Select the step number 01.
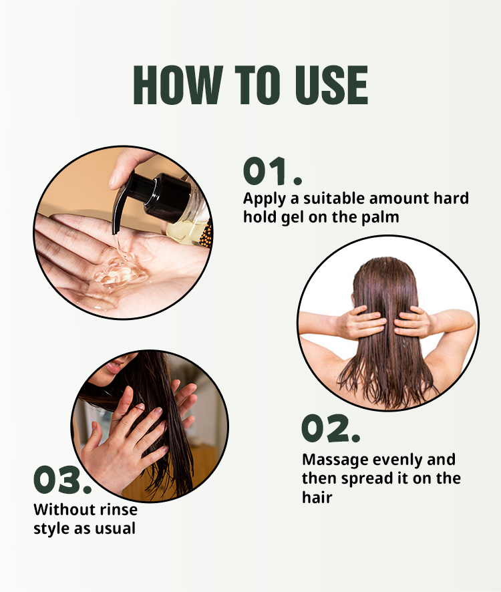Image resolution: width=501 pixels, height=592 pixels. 273,171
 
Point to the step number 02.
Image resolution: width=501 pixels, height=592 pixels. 331,428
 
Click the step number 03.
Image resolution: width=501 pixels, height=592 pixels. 63,480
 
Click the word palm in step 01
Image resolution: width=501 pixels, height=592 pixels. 380,218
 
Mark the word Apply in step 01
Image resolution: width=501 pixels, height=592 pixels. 265,199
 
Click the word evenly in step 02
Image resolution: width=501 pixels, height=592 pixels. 397,460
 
